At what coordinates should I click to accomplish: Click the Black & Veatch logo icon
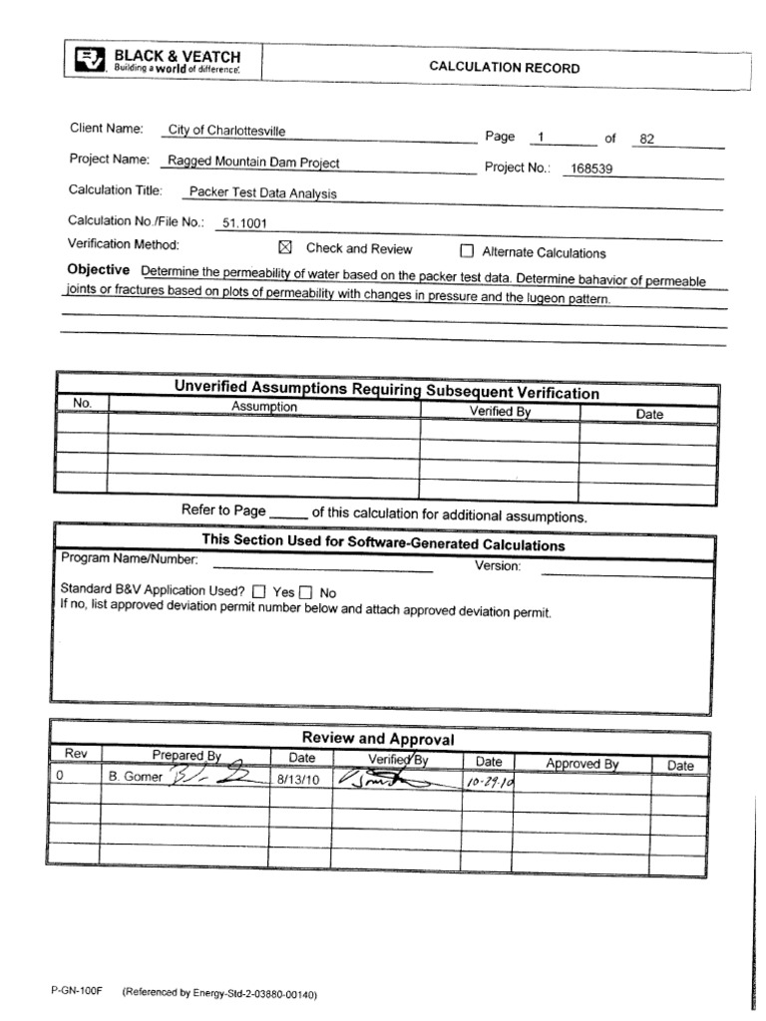pos(89,61)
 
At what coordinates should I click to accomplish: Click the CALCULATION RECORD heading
pos(504,68)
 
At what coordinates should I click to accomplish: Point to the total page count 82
pos(646,139)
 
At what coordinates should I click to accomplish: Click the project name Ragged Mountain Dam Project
pos(253,161)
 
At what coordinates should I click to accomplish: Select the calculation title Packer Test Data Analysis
pos(264,193)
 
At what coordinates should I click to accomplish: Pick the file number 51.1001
pos(245,224)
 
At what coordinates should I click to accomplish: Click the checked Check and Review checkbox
pos(283,249)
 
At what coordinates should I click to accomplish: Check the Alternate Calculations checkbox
pos(466,252)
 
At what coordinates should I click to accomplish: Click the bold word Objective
pos(98,270)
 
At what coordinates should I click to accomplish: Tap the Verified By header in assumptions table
pos(499,411)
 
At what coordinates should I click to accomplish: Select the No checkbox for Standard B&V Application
pos(306,591)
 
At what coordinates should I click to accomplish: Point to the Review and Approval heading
pos(378,739)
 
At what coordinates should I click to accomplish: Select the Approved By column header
pos(581,764)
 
